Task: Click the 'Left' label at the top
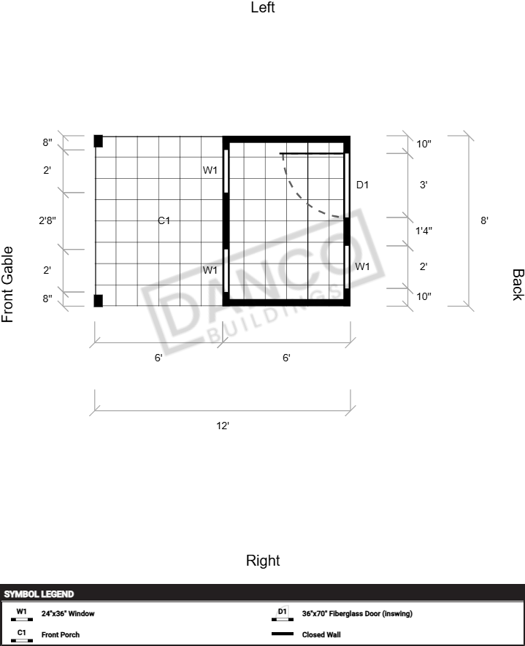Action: coord(263,7)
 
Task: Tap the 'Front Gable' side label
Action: coord(8,284)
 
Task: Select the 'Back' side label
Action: coord(518,285)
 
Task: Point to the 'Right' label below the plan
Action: coord(263,561)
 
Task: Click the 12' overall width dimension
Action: coord(223,426)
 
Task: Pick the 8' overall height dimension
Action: coord(484,220)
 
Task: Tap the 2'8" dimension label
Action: coord(47,220)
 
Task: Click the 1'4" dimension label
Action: coord(424,231)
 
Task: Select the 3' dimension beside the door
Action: coord(424,185)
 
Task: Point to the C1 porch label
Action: coord(164,221)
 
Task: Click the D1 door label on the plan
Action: coord(362,185)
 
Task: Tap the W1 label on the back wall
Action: coord(362,266)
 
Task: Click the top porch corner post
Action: coord(98,141)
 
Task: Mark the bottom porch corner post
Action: coord(98,301)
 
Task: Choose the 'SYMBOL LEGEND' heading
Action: coord(39,594)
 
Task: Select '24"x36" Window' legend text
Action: coord(68,613)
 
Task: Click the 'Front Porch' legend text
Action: coord(61,634)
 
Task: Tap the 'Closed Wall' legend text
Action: coord(321,634)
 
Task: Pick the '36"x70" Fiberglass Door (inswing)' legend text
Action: coord(357,613)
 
